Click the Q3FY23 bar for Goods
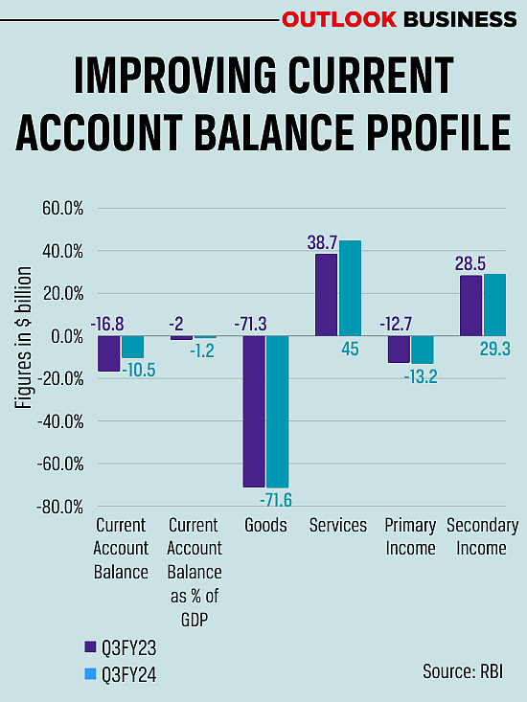pos(254,412)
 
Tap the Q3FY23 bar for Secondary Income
pos(471,306)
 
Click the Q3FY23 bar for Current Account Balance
pos(108,353)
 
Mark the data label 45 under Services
pos(350,349)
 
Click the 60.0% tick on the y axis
pos(62,209)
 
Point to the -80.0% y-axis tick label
pos(59,507)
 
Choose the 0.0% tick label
pos(66,336)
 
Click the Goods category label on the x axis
pos(265,526)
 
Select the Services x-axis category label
pos(338,526)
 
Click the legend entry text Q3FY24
pos(128,675)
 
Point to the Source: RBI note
pos(463,670)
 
